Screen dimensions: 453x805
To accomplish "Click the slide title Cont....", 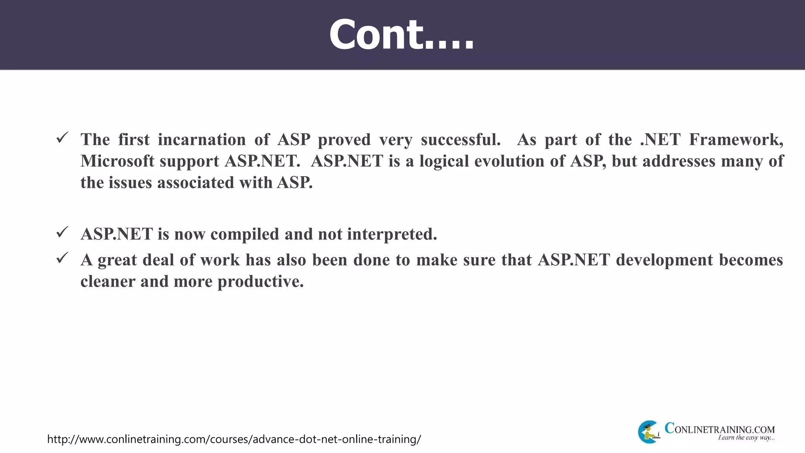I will tap(402, 35).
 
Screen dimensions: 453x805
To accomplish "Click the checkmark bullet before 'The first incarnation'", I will tap(62, 138).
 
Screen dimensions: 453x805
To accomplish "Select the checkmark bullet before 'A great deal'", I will tap(62, 258).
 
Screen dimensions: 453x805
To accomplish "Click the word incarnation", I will tap(202, 140).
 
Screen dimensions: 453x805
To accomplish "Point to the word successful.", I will tap(461, 140).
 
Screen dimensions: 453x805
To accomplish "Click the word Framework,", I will tap(736, 140).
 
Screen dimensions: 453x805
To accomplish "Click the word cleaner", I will tap(108, 282).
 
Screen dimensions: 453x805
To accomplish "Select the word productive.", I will tap(261, 282).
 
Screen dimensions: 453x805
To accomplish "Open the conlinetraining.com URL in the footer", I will tap(234, 439).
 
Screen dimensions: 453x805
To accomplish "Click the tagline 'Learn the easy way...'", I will tap(746, 438).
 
